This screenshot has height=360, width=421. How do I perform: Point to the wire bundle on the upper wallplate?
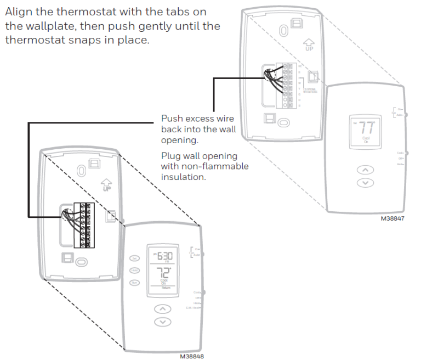275,78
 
